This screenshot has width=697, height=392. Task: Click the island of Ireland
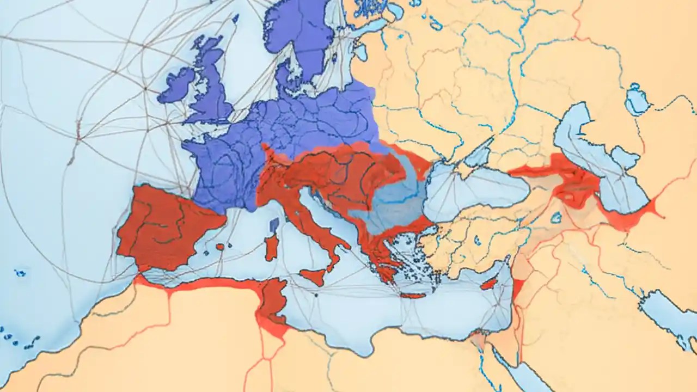177,86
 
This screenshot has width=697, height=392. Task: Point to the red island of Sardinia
271,248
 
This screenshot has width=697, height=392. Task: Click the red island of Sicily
314,277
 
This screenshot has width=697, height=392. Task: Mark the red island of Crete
413,296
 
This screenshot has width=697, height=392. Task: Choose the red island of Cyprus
488,284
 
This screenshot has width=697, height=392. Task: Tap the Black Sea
474,191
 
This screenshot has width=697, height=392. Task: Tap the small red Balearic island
220,247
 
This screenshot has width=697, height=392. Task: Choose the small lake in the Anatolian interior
556,218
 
